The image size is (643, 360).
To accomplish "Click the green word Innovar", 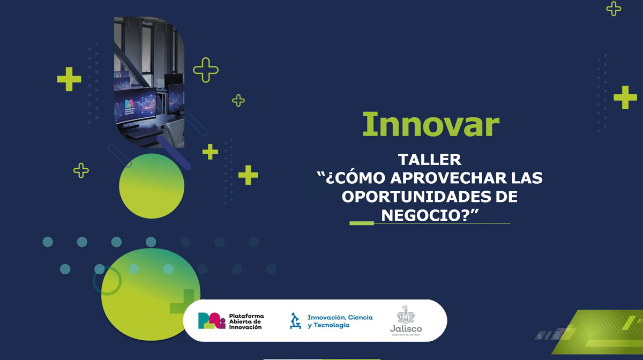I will [430, 125].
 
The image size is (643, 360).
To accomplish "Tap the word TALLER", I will [430, 160].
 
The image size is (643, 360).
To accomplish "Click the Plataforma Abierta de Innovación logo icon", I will [211, 320].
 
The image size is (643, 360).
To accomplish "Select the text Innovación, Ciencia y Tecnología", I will [340, 321].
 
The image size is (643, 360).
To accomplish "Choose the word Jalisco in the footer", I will [406, 329].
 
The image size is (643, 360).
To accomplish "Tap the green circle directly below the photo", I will [152, 186].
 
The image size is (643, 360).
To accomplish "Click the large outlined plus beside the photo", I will [206, 70].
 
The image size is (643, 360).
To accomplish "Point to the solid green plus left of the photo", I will [69, 79].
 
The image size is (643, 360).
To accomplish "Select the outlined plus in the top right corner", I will [614, 8].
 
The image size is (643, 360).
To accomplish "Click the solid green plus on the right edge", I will [625, 97].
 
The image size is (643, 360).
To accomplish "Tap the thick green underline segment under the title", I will [361, 223].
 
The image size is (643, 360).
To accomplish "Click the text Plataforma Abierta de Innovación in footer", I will [246, 321].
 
